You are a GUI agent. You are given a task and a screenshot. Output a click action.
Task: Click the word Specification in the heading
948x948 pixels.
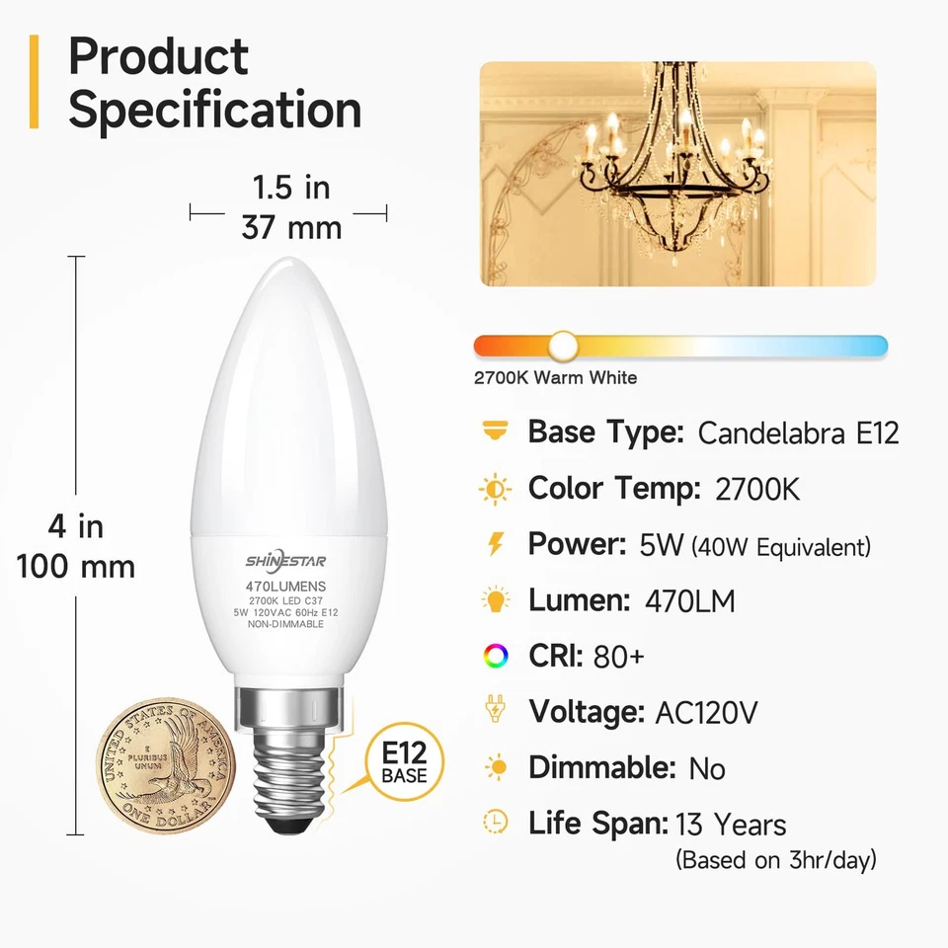(214, 110)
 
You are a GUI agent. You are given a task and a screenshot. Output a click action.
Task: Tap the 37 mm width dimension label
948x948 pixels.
(291, 228)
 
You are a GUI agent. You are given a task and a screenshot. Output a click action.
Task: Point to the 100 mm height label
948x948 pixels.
(76, 567)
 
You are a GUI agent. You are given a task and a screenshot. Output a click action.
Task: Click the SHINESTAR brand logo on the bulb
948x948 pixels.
(286, 561)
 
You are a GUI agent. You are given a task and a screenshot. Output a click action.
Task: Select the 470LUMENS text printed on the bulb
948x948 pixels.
(286, 586)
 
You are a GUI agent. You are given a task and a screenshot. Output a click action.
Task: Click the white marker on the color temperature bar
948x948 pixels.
(564, 345)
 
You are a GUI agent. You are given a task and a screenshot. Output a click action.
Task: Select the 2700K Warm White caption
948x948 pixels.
(555, 377)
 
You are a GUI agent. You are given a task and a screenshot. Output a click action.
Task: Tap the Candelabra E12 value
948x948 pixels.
(798, 433)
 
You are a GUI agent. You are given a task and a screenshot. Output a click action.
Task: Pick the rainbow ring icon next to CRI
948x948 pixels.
(495, 655)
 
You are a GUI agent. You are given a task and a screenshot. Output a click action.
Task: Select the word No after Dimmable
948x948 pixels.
(707, 768)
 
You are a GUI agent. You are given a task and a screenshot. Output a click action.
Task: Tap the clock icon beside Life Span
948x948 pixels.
(495, 822)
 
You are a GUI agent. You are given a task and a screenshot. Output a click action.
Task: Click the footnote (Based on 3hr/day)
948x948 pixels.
(775, 860)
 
